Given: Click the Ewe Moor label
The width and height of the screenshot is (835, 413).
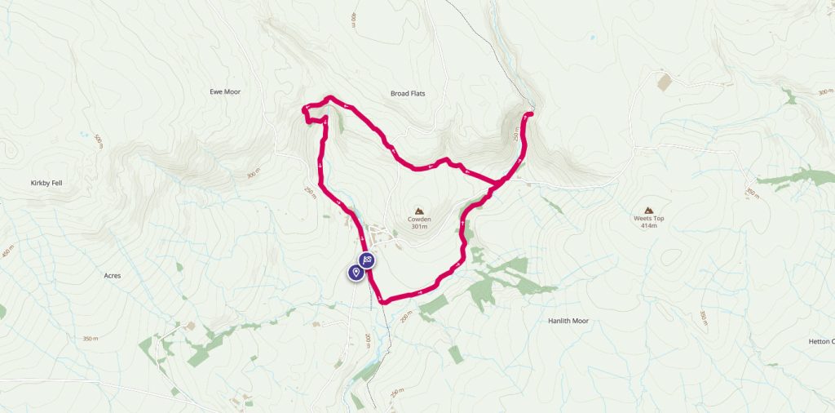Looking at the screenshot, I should (x=226, y=92).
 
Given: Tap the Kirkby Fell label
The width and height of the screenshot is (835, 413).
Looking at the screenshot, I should (x=46, y=183).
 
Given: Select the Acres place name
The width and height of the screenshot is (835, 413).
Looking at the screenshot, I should (x=113, y=276).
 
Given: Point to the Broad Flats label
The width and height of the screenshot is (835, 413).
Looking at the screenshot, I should (x=408, y=94).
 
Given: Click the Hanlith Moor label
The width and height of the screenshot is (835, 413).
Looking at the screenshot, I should (x=568, y=321).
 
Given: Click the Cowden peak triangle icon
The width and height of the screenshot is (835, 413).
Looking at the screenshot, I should (x=420, y=210).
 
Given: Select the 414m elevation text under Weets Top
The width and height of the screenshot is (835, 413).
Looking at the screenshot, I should (x=649, y=226).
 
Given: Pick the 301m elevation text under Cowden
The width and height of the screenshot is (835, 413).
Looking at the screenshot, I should (x=420, y=227).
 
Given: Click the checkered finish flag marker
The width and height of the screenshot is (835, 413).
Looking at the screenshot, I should (x=368, y=260).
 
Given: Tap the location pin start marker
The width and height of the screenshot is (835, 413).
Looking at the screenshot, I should (x=356, y=272).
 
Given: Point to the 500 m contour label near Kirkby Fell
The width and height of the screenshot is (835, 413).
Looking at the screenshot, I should (x=99, y=140).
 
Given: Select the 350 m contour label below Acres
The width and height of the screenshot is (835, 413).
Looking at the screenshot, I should (x=90, y=339).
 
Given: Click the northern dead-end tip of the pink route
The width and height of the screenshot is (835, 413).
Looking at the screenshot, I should (x=531, y=113).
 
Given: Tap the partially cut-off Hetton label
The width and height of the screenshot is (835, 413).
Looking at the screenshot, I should (x=820, y=341).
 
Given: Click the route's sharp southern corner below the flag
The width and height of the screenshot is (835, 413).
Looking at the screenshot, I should (x=381, y=301).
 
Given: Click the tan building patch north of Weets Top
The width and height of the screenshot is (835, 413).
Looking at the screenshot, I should (x=665, y=82).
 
